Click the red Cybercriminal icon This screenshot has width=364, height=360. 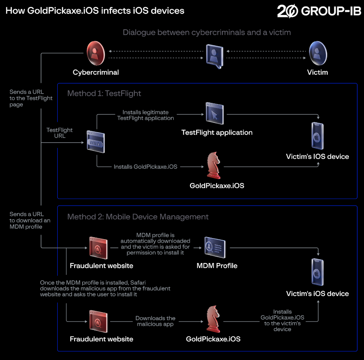pyautogui.click(x=96, y=53)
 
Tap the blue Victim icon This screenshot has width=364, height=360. pyautogui.click(x=317, y=53)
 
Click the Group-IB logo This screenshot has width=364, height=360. pyautogui.click(x=319, y=11)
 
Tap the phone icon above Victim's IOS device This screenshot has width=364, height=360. pyautogui.click(x=317, y=136)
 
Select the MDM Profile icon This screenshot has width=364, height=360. pyautogui.click(x=215, y=247)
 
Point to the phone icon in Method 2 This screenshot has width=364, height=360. pyautogui.click(x=317, y=272)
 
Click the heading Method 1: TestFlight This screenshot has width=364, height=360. pyautogui.click(x=104, y=94)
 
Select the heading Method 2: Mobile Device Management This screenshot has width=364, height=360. pyautogui.click(x=138, y=217)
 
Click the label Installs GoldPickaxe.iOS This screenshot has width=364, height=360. pyautogui.click(x=145, y=167)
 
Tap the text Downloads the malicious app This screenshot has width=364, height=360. pyautogui.click(x=156, y=321)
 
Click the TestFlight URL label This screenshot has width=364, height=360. pyautogui.click(x=60, y=133)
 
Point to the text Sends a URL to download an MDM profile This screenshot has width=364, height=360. pyautogui.click(x=27, y=220)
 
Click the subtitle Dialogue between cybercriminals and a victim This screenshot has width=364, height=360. pyautogui.click(x=207, y=32)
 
